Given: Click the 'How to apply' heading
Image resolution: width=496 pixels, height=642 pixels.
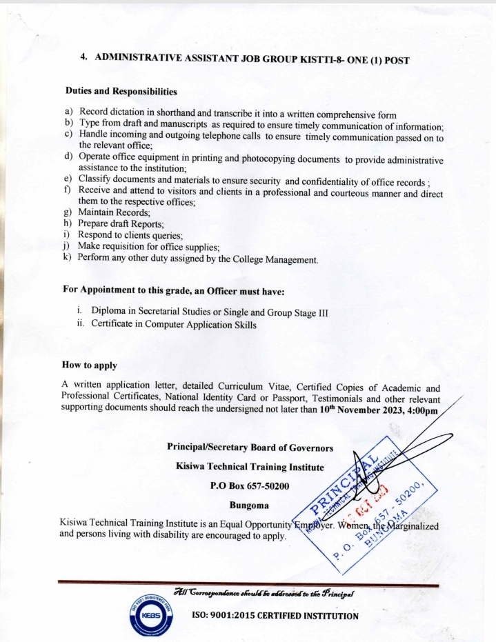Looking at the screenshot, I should (89, 365).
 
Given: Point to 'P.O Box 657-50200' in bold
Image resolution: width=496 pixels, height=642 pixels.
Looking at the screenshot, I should (249, 485).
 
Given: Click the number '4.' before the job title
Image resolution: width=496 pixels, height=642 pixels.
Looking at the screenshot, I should (83, 59).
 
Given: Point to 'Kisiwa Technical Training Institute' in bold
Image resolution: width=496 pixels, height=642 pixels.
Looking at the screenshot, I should (250, 467).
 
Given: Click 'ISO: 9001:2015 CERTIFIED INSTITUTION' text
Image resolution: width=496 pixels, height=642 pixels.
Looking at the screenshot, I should (274, 615).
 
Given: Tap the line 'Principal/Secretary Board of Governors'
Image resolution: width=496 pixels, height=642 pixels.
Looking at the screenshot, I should (250, 447).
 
